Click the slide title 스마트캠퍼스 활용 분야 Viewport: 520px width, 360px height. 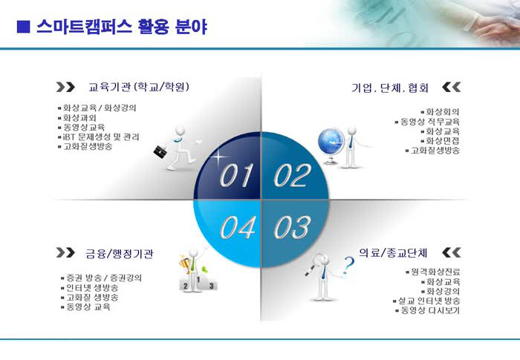pos(122,27)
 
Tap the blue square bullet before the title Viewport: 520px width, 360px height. pos(23,27)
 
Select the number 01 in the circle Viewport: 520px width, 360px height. pos(236,175)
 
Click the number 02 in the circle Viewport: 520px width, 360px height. pos(293,175)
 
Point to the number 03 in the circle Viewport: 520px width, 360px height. pos(293,227)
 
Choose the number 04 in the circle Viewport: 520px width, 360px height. pos(238,227)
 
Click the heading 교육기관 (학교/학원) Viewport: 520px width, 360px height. pos(139,87)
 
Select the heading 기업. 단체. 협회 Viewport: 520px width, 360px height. pos(390,88)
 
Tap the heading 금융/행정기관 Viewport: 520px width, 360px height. pos(120,254)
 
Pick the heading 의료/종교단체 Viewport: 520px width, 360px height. pos(393,253)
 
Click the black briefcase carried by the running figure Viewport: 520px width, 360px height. pos(160,151)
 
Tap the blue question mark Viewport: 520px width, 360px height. pos(348,265)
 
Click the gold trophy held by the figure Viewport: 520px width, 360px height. pos(185,264)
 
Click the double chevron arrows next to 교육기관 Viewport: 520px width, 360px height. pos(65,87)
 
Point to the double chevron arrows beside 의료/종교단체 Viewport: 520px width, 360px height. pos(452,252)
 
